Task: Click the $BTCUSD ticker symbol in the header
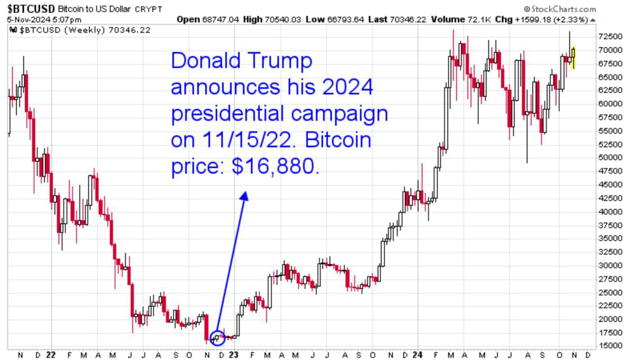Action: [31, 9]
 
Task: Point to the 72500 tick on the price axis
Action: [608, 37]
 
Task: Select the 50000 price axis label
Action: [608, 158]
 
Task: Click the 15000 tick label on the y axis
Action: [608, 345]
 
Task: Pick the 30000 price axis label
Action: [608, 265]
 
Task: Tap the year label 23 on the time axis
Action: [234, 355]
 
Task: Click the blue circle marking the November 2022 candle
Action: [217, 338]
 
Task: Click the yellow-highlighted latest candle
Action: [573, 57]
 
